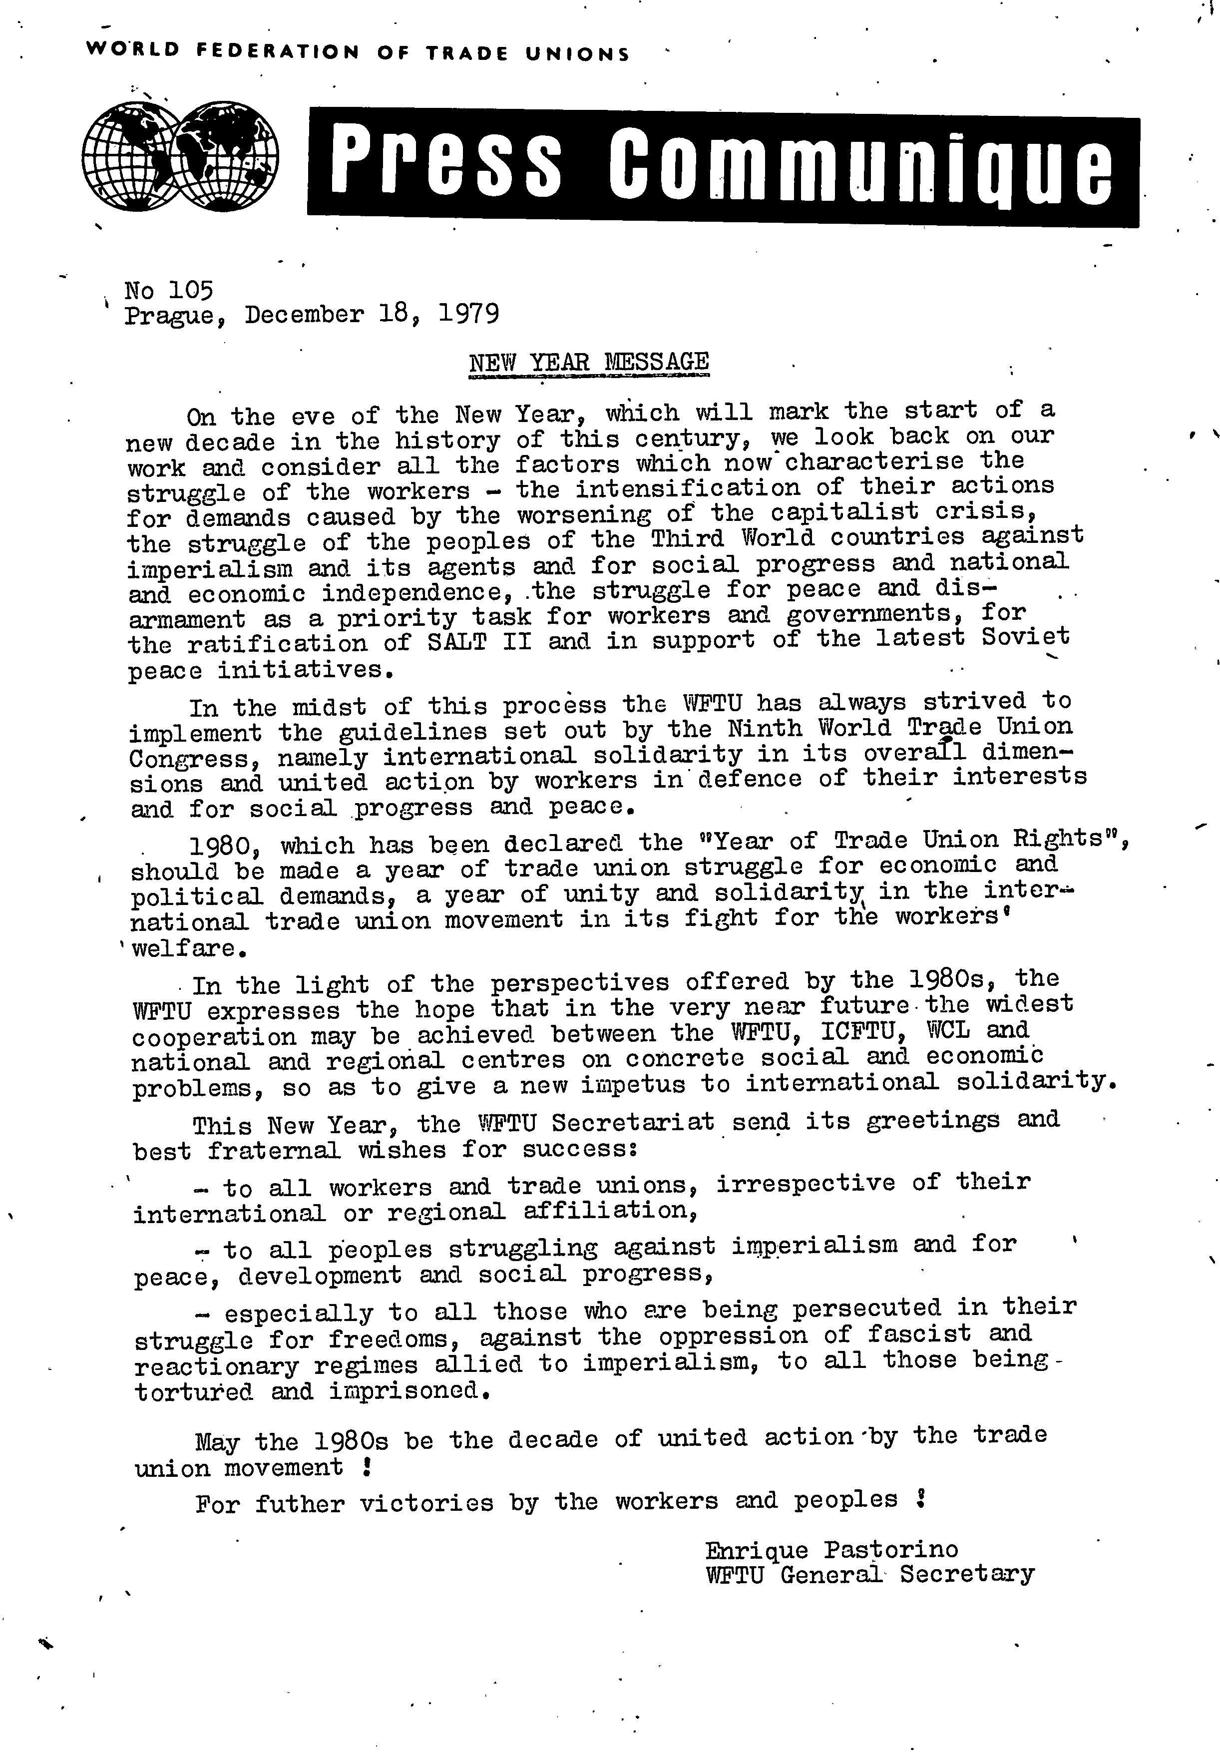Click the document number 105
click(x=190, y=290)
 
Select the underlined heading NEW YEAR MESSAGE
click(x=588, y=361)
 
